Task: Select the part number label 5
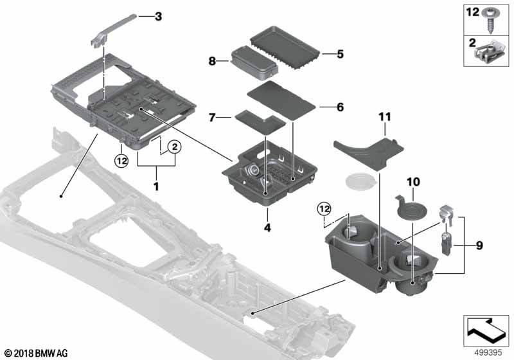point(340,55)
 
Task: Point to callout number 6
point(340,107)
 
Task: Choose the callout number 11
point(384,116)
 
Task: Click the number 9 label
point(479,245)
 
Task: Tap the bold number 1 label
point(156,186)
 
